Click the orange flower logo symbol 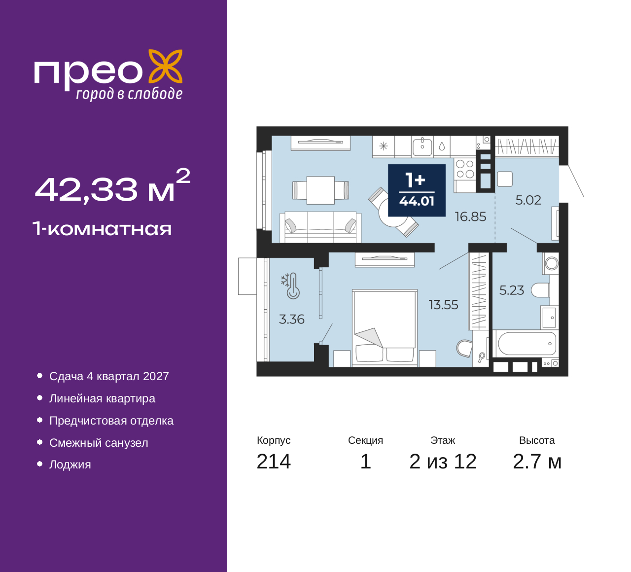tap(165, 66)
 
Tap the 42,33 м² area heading tap(112, 186)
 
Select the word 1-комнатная tap(102, 229)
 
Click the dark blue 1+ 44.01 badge tap(417, 190)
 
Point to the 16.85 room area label tap(471, 216)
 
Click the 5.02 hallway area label tap(528, 200)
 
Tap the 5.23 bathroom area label tap(512, 290)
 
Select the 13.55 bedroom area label tap(443, 305)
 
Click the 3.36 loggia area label tap(292, 320)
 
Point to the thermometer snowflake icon tap(290, 286)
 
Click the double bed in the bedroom tap(385, 328)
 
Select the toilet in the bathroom tap(540, 290)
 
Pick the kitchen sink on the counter tap(422, 146)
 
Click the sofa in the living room tap(320, 227)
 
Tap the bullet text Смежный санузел tap(99, 443)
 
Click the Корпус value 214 tap(274, 462)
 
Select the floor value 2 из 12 tap(443, 462)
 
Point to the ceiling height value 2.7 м tap(537, 462)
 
